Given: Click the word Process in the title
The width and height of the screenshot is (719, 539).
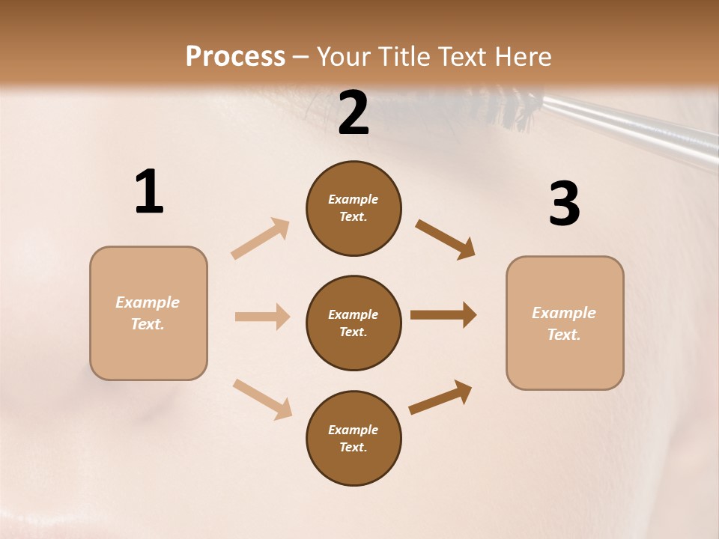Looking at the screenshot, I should [x=235, y=56].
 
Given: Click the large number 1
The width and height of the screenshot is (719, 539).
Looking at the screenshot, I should [x=149, y=192].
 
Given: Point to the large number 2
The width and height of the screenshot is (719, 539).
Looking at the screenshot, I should [x=354, y=113].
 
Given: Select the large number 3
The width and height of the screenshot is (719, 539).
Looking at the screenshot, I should [x=564, y=204].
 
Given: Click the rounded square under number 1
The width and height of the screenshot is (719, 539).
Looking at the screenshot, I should [x=148, y=313].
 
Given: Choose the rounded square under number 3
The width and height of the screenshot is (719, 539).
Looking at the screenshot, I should [x=565, y=323].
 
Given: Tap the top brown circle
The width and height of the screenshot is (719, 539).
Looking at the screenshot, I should [x=354, y=208].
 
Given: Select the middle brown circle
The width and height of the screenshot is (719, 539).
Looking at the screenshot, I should [x=354, y=323].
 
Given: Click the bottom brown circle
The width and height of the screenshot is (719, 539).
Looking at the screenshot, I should [x=354, y=438].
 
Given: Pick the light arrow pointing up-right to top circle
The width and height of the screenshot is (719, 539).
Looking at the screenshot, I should [x=261, y=238].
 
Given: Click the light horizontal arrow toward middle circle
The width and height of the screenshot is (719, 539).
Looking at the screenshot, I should [x=262, y=317].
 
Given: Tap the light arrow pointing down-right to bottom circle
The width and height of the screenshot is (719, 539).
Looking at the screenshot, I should [x=262, y=398].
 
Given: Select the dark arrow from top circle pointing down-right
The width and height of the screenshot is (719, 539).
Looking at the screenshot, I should [x=445, y=239].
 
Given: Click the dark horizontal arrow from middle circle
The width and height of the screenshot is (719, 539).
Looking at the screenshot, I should [x=443, y=315].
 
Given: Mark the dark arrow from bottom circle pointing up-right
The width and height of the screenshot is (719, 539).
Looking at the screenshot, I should [x=440, y=398].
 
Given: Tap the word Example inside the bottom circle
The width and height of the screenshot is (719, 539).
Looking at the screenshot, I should [x=353, y=430].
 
